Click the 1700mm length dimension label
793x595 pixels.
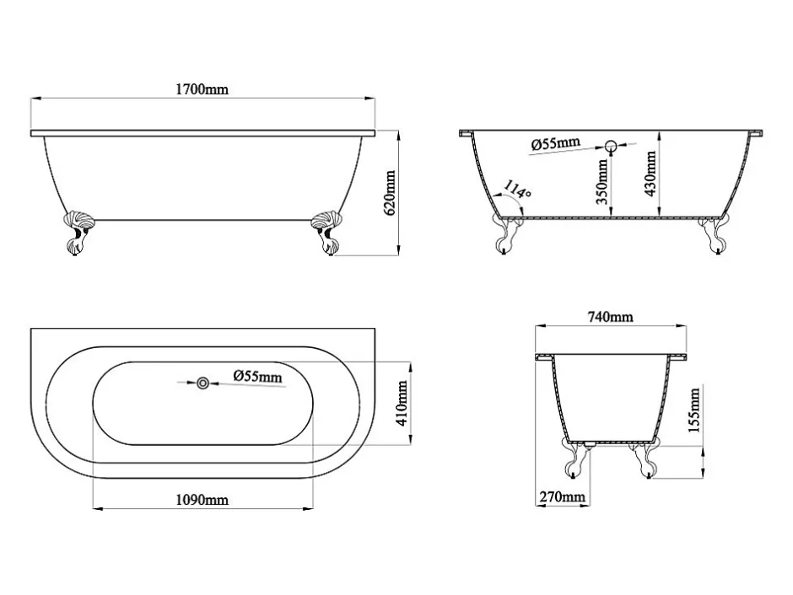pyautogui.click(x=202, y=89)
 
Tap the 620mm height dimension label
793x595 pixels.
pyautogui.click(x=390, y=194)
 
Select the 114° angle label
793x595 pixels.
pyautogui.click(x=517, y=191)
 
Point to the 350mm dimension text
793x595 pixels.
pyautogui.click(x=601, y=182)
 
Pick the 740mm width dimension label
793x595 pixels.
pyautogui.click(x=610, y=317)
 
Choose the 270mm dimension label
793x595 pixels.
pyautogui.click(x=563, y=497)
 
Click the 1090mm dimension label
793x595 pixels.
pyautogui.click(x=202, y=500)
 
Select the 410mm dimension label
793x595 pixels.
pyautogui.click(x=402, y=403)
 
